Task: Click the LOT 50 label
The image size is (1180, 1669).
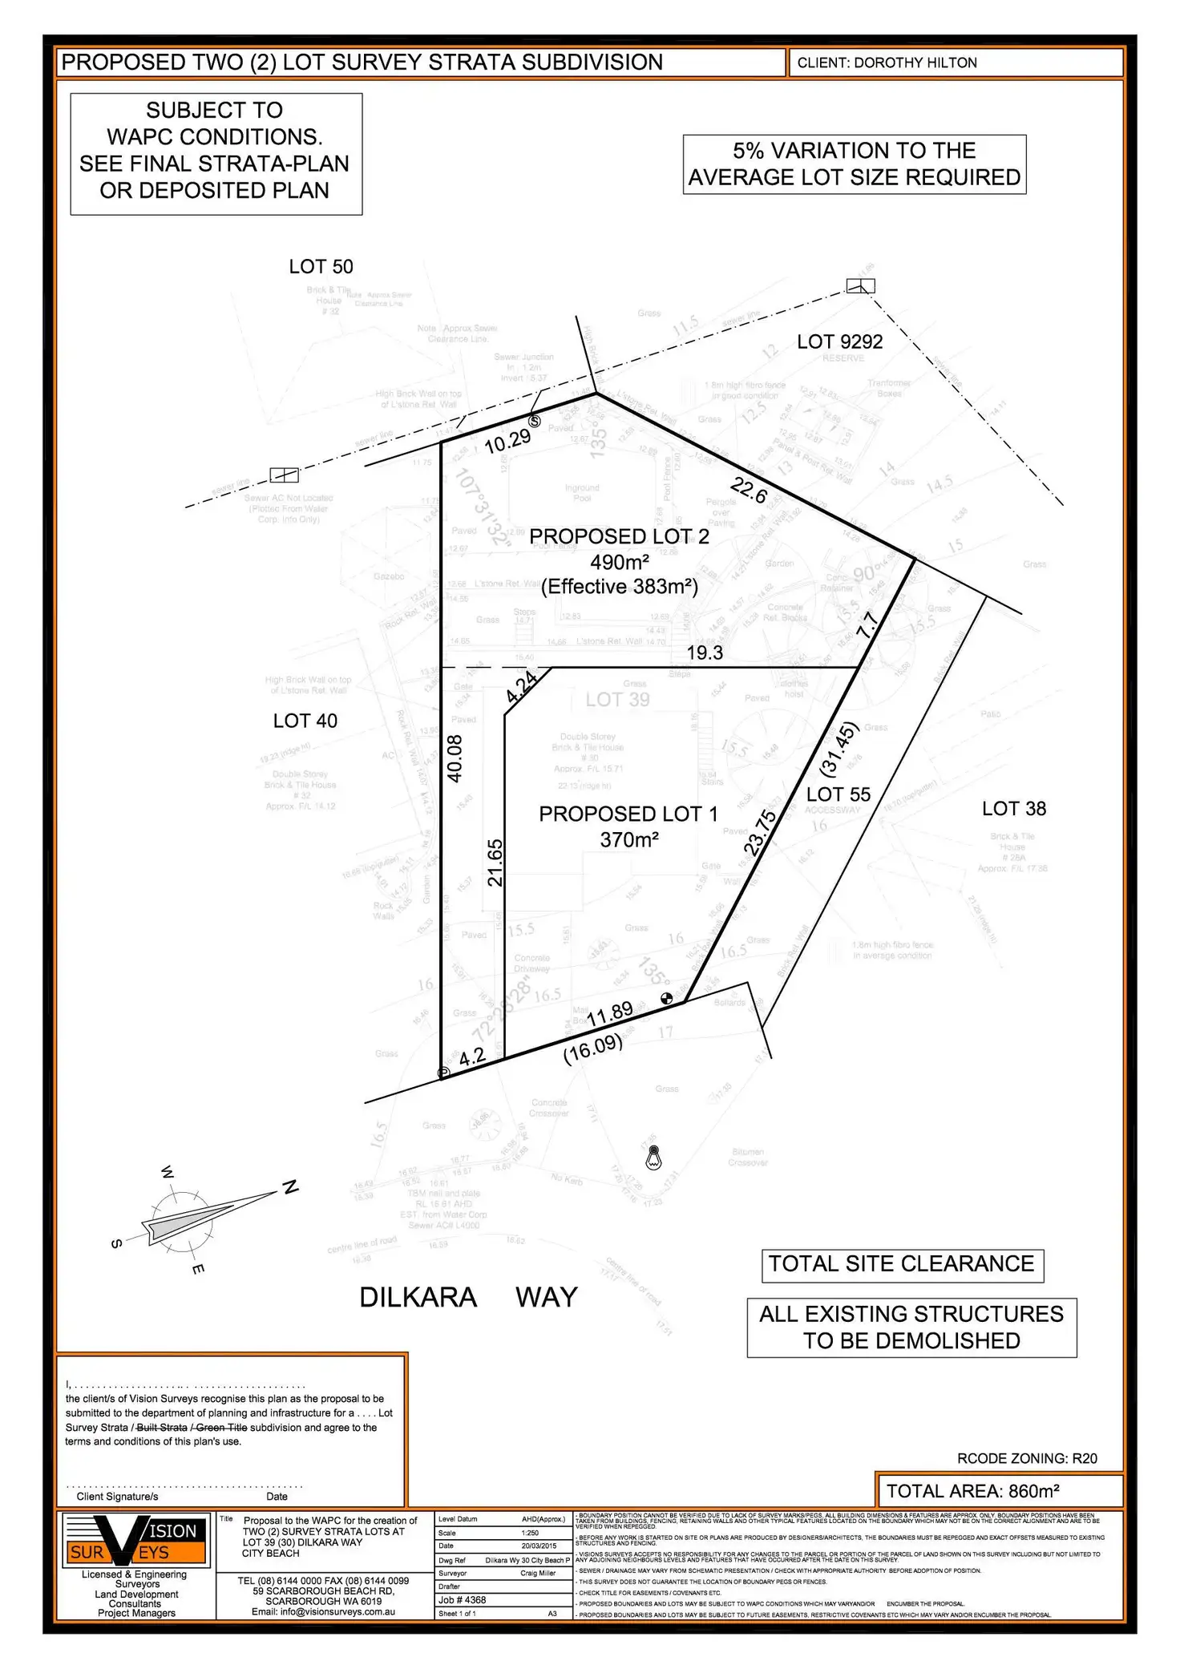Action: [x=321, y=267]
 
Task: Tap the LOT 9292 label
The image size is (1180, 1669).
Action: [x=839, y=342]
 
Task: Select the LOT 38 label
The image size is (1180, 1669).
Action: [x=1013, y=809]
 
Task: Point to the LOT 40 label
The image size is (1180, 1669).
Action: [x=305, y=721]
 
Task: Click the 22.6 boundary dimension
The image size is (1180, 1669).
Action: [x=749, y=490]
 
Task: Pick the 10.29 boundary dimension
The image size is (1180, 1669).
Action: [x=507, y=441]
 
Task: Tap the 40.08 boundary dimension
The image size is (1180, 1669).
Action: [x=455, y=758]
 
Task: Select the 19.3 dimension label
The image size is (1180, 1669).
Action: [x=705, y=653]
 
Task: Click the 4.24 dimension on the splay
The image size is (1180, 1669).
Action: [x=521, y=688]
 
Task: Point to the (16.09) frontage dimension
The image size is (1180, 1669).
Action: [x=592, y=1049]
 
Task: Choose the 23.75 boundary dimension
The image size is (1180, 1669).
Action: [x=760, y=833]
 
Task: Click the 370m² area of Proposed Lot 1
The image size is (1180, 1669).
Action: [x=628, y=840]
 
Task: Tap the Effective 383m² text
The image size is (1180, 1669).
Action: [x=619, y=587]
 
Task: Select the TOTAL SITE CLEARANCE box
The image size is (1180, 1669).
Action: [x=902, y=1264]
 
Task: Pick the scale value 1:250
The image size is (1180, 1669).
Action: [x=531, y=1533]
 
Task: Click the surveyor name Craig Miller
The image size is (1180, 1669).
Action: [x=538, y=1573]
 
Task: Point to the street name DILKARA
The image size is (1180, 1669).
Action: [x=418, y=1297]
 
